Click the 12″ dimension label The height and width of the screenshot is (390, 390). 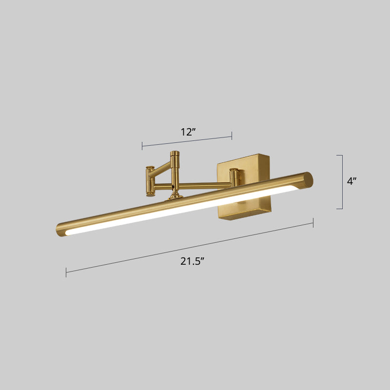point(188,132)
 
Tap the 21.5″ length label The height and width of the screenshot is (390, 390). point(192,261)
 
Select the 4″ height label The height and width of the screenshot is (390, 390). point(351,181)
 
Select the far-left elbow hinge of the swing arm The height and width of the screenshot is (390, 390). point(150,181)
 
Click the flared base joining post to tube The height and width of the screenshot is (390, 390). point(174,196)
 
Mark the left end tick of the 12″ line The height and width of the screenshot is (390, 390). point(142,145)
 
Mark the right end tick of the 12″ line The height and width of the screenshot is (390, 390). point(232,136)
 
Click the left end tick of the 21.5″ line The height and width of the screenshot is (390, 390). point(66,272)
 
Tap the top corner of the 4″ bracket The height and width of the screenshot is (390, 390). point(342,155)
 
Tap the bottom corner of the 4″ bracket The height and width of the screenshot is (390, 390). point(342,209)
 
